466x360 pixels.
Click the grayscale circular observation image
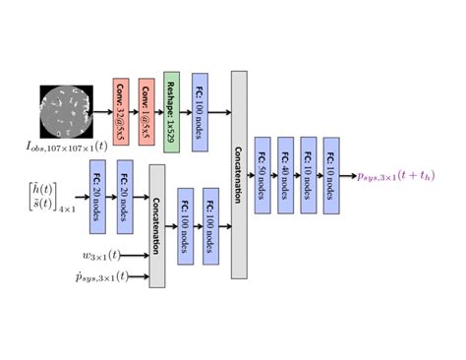coord(65,111)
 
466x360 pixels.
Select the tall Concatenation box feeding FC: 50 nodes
coord(239,173)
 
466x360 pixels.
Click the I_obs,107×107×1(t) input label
coord(66,147)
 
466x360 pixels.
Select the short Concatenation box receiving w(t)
coord(156,226)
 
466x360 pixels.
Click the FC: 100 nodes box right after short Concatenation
coord(184,225)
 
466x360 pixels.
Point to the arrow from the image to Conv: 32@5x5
coord(102,111)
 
